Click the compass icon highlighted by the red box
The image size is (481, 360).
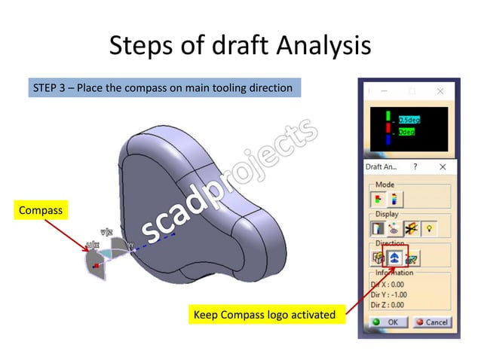point(394,257)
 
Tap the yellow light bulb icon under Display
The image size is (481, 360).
point(429,227)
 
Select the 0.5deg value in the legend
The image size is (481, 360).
point(411,118)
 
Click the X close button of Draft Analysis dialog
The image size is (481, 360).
point(443,166)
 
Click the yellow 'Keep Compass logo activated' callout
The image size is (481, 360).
point(265,314)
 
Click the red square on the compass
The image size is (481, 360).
point(94,265)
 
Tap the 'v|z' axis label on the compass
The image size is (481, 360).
point(107,233)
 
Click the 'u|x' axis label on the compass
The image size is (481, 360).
point(92,244)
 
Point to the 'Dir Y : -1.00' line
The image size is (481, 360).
point(389,294)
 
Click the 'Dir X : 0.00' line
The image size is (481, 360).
point(388,285)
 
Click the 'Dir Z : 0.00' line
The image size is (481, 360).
point(388,304)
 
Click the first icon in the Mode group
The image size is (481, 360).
point(377,198)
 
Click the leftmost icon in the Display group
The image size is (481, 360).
point(377,227)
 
